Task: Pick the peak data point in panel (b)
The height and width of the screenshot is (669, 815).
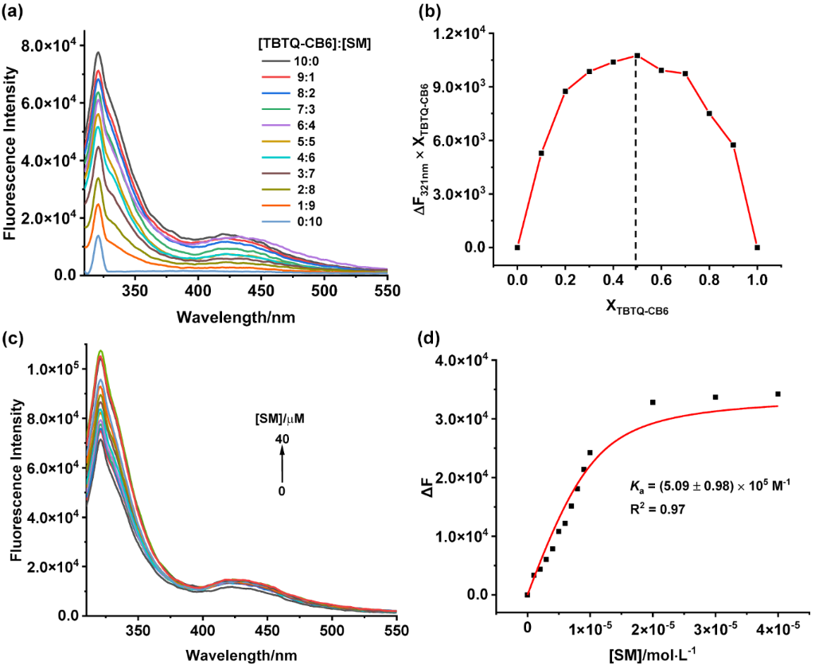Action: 638,56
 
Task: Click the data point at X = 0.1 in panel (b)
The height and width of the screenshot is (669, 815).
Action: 541,153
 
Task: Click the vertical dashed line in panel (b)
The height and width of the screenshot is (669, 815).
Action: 636,159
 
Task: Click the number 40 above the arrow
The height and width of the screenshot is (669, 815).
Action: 281,439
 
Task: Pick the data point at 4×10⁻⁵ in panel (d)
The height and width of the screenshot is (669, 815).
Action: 778,393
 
